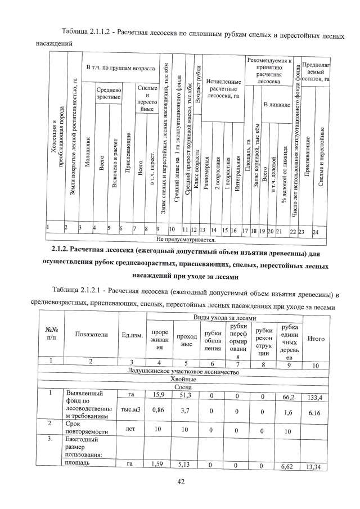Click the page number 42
[x=180, y=481]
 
